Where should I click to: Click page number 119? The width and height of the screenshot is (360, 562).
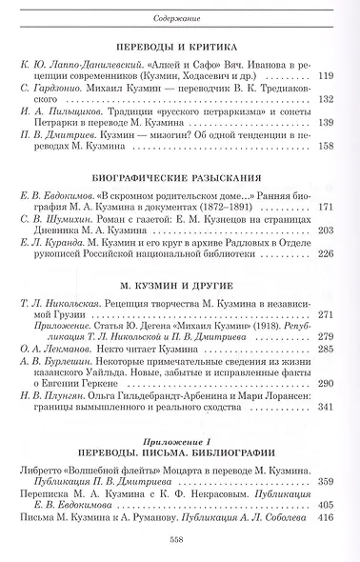coord(330,102)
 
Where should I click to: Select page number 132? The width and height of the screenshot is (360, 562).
coord(330,124)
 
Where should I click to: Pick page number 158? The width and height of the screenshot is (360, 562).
coord(330,174)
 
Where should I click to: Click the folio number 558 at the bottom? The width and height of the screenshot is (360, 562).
coord(179,538)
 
